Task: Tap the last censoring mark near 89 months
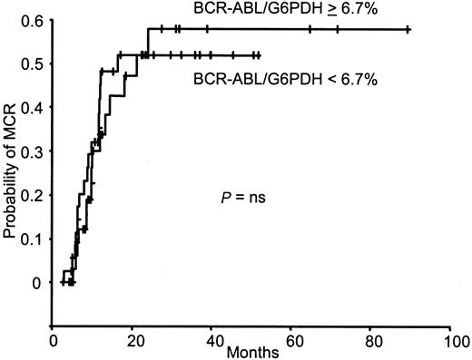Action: click(x=408, y=30)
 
